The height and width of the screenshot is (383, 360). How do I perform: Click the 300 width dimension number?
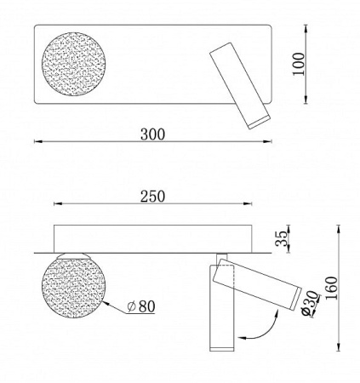153,134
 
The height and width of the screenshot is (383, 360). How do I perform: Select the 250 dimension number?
153,196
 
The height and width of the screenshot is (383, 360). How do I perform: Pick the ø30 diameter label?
311,303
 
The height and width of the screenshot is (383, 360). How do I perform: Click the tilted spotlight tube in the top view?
239,83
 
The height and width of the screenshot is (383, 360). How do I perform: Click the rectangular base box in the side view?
153,237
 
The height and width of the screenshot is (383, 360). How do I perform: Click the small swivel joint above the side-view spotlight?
221,258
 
